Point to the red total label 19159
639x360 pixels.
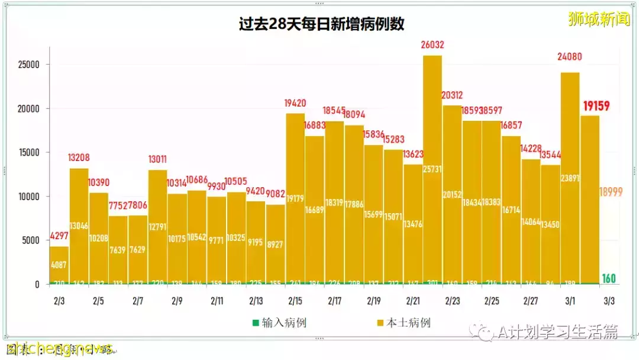[596, 107]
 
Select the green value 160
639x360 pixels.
[609, 278]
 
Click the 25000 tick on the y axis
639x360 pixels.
[29, 65]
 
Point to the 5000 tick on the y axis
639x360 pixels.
[31, 240]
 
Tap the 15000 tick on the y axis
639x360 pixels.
[29, 152]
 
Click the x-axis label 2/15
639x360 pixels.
[295, 301]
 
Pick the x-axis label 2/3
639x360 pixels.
[59, 301]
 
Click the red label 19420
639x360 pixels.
[295, 103]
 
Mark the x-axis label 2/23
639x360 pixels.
[452, 301]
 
